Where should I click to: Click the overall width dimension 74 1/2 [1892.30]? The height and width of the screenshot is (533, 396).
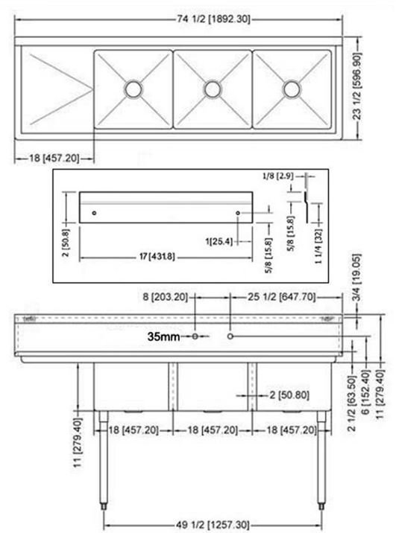[x=213, y=19]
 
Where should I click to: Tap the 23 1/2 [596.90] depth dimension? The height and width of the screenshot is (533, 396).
[x=356, y=86]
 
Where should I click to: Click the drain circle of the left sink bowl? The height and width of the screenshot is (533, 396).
[x=133, y=89]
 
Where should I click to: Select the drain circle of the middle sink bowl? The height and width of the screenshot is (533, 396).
[x=213, y=89]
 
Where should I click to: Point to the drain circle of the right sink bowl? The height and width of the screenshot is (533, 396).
[x=292, y=89]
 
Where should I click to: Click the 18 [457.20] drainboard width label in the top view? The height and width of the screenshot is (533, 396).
[x=54, y=158]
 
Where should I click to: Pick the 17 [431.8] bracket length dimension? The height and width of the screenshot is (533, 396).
[x=157, y=257]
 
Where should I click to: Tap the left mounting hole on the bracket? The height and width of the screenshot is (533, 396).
[x=94, y=213]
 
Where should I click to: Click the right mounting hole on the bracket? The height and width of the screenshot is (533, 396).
[x=238, y=213]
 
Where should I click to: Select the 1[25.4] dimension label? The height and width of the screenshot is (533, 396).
[x=219, y=242]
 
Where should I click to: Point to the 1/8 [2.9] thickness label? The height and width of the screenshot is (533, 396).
[x=277, y=176]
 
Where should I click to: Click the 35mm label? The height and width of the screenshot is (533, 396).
[x=163, y=337]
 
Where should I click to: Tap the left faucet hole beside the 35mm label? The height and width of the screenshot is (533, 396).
[x=195, y=336]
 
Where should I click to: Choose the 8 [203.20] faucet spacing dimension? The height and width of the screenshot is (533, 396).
[x=165, y=297]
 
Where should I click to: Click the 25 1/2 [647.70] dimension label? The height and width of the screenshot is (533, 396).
[x=282, y=297]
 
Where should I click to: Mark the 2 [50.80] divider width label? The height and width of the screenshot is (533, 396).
[x=289, y=395]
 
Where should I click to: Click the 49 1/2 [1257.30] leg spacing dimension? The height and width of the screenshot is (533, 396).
[x=213, y=525]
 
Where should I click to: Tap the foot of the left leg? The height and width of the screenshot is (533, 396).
[x=103, y=506]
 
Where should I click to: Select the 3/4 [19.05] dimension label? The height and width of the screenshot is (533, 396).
[x=356, y=278]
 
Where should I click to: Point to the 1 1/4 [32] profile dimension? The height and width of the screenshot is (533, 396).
[x=318, y=246]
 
